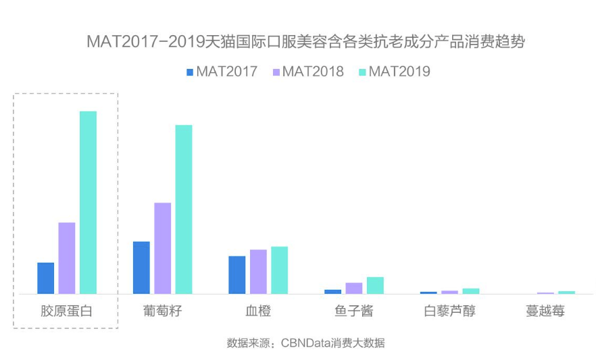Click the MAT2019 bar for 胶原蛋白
(x=88, y=203)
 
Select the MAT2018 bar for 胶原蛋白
(x=67, y=258)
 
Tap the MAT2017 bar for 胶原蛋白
(x=45, y=278)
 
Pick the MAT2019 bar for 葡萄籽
(x=184, y=209)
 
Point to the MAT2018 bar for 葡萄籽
(x=162, y=248)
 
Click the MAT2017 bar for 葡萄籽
(x=141, y=267)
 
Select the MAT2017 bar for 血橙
(x=237, y=275)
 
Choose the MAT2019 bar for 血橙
(x=279, y=270)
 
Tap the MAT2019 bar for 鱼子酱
(x=375, y=286)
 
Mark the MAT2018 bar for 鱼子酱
(x=354, y=288)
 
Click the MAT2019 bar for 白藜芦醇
(x=471, y=291)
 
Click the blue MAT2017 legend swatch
(x=190, y=72)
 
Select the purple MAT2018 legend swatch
(x=276, y=72)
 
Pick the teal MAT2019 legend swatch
(x=362, y=72)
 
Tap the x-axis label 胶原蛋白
(x=66, y=311)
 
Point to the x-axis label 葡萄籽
(x=162, y=311)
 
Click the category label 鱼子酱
(x=353, y=311)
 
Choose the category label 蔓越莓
(x=545, y=311)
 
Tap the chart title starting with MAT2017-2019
(x=305, y=42)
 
